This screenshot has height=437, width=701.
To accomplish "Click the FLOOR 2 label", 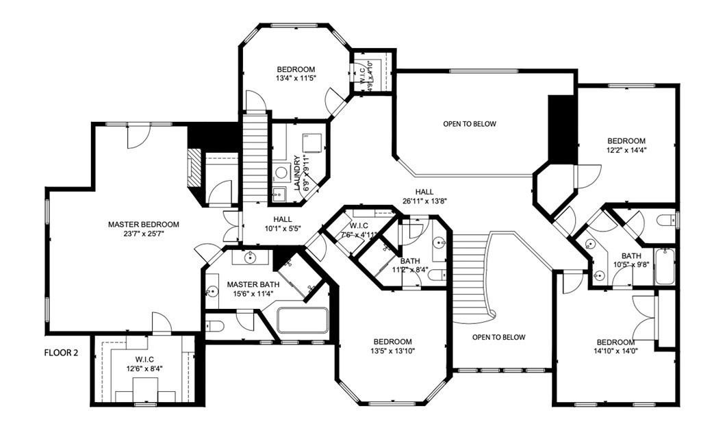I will click(x=62, y=354).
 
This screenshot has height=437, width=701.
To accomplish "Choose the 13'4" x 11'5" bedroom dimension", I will click(x=296, y=79).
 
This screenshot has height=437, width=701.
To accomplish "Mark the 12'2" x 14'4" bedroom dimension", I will click(x=626, y=150).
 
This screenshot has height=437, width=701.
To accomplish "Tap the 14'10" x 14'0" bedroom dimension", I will click(x=615, y=352).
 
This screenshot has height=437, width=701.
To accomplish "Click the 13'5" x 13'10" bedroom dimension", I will click(x=392, y=351).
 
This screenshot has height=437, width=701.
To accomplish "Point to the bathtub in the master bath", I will click(x=302, y=321).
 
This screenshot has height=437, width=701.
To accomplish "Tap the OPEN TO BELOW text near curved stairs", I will click(x=498, y=337).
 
